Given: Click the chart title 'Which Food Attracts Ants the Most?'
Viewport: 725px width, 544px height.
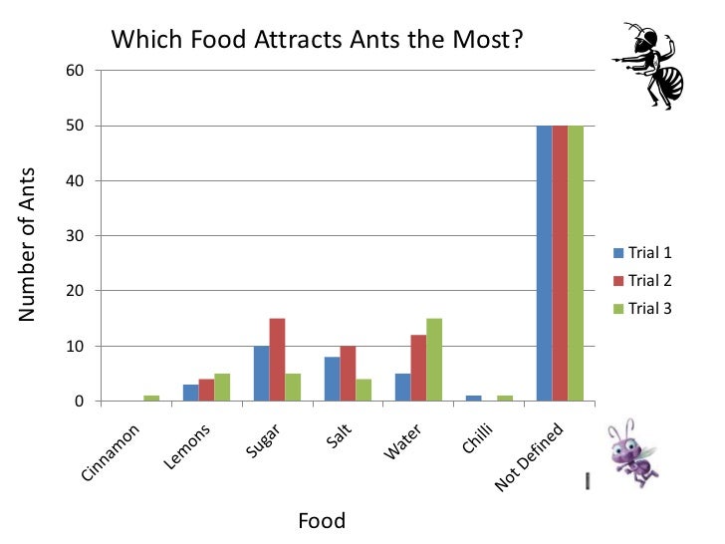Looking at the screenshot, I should click(318, 41).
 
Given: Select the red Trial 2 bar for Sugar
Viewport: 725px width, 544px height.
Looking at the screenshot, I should click(277, 360).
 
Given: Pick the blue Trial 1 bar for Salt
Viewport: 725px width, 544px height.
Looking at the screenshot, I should click(332, 380).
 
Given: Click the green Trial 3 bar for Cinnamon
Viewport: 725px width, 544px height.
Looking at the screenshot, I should click(151, 399).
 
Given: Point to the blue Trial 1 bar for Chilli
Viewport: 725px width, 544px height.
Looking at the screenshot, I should click(473, 399).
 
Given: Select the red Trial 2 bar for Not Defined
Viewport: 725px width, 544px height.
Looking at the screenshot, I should click(560, 264).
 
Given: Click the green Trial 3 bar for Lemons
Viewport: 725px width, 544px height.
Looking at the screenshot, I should click(222, 388).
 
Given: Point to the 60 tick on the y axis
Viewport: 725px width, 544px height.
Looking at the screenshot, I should click(76, 71).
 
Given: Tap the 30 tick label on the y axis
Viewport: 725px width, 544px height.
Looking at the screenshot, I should click(76, 236).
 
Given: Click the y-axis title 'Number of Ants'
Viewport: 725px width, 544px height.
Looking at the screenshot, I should click(27, 244).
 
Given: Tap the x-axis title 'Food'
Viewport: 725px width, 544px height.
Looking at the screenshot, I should click(322, 520).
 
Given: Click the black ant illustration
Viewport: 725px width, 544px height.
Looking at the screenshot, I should click(651, 67).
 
